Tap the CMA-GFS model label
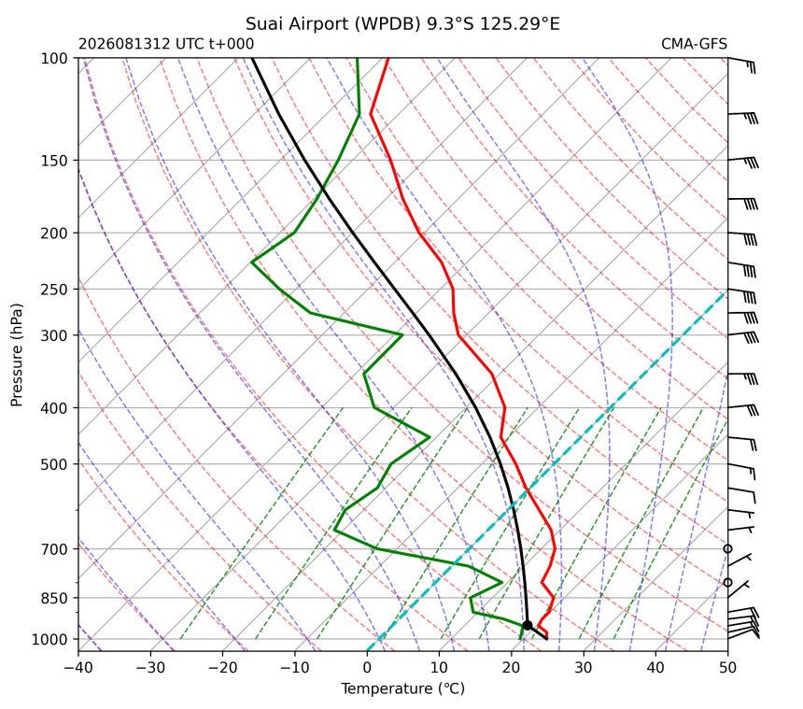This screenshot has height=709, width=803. pos(694,44)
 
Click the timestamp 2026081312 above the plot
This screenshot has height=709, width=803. pos(124,44)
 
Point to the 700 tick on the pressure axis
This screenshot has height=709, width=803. pos(54,549)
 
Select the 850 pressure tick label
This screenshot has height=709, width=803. pos(54,599)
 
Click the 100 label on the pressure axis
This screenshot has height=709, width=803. pos(54,59)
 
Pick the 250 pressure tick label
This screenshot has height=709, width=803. pos(54,290)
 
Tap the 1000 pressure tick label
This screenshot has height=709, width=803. pos(50,639)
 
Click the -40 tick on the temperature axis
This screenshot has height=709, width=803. pos(78,668)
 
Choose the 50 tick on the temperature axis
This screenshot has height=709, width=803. pos(727,668)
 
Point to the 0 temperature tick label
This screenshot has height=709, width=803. pos(367,668)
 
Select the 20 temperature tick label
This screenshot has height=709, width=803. pos(512,668)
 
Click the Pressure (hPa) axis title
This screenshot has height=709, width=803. pos(17,355)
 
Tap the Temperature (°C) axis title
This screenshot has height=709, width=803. pos(403,688)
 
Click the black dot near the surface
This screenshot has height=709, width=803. pos(528,626)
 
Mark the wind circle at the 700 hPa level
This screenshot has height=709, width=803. pos(727,549)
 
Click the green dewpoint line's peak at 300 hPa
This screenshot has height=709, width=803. pos(402,335)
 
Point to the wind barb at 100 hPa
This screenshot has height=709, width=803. pos(741,65)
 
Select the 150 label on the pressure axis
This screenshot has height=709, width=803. pos(54,161)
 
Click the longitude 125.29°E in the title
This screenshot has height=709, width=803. pos(520,24)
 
